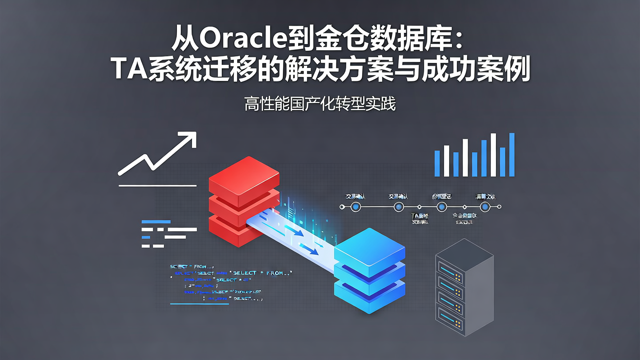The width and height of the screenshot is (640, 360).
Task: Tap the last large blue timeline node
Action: (485, 207)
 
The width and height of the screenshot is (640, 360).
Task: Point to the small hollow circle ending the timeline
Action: (499, 207)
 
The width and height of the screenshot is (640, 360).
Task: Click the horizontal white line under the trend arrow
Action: (157, 185)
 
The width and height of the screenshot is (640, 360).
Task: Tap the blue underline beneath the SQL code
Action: (200, 304)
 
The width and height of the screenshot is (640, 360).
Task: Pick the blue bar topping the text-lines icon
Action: (156, 221)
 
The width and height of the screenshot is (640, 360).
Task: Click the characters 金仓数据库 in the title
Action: (380, 40)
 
